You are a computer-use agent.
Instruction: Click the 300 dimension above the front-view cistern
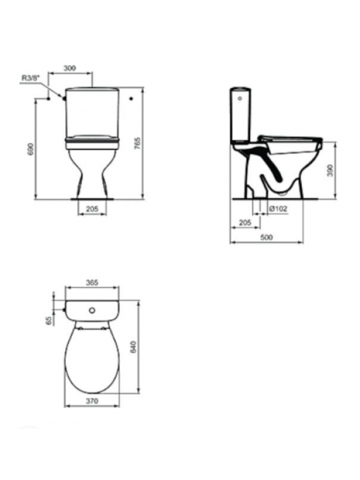(70, 68)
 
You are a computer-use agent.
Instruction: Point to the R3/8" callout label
(31, 78)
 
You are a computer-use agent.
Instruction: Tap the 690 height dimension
(31, 149)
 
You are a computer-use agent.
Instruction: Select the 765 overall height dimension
(138, 143)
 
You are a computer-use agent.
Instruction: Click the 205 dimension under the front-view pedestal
(92, 209)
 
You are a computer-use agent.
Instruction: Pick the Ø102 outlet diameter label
(278, 208)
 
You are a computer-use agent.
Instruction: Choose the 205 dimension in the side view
(245, 223)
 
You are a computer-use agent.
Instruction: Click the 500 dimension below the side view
(266, 237)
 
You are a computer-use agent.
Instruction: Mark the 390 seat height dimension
(329, 170)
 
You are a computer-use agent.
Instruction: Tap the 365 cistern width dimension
(92, 282)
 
